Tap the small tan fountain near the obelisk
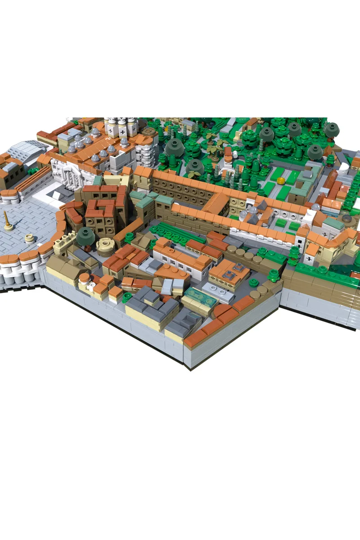30,238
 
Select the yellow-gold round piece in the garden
280,181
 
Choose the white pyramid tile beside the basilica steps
56,194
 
